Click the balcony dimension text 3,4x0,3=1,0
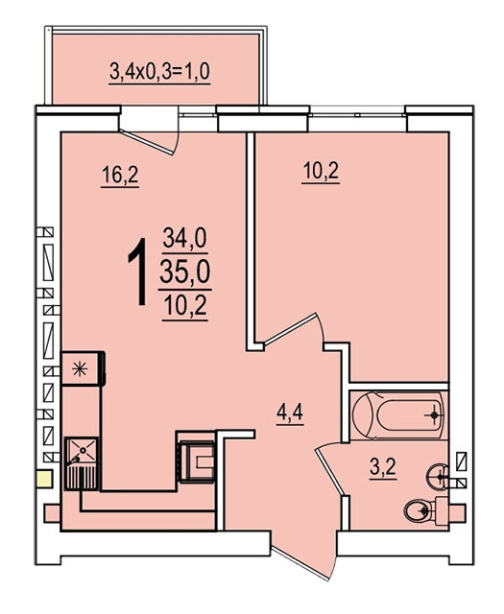tap(159, 72)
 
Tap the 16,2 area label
tap(120, 175)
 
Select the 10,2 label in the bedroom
tap(321, 171)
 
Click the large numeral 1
tap(137, 272)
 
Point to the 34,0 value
tap(185, 238)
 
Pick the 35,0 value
tap(185, 272)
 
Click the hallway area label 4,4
tap(290, 413)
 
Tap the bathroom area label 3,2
tap(383, 467)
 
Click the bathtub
tap(398, 414)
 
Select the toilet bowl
tap(420, 510)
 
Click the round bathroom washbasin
tap(438, 477)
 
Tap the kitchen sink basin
tap(82, 450)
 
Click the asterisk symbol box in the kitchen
tap(82, 368)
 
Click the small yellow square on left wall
tap(44, 479)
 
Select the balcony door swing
tap(147, 142)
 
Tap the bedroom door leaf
tap(290, 329)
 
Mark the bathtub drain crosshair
tap(434, 415)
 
